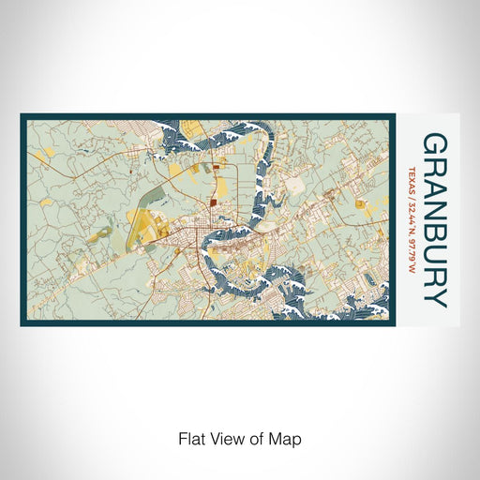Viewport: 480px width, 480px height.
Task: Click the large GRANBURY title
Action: pos(435,220)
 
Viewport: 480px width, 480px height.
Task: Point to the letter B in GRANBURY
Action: pos(435,232)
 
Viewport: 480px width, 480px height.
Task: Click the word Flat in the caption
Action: pos(192,438)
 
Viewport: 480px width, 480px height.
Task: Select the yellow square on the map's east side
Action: pos(360,202)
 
